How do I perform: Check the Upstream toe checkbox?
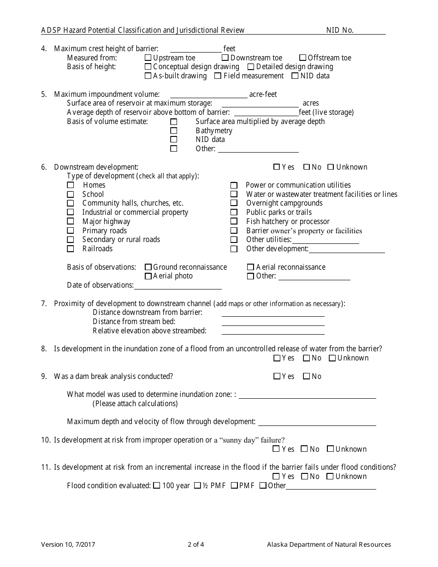pyautogui.click(x=148, y=58)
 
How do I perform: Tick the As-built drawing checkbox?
pyautogui.click(x=148, y=76)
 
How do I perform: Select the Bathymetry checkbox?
pyautogui.click(x=174, y=131)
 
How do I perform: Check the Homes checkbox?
pyautogui.click(x=71, y=185)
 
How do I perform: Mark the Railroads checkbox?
pyautogui.click(x=71, y=249)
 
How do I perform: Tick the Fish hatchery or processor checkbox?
pyautogui.click(x=234, y=222)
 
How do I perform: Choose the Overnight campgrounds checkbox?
pyautogui.click(x=234, y=203)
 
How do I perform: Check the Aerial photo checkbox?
pyautogui.click(x=148, y=276)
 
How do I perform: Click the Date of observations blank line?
pyautogui.click(x=178, y=286)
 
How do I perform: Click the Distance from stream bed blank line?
pyautogui.click(x=273, y=322)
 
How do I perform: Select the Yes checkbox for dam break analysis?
pyautogui.click(x=277, y=376)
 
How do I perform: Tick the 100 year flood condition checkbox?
pyautogui.click(x=157, y=485)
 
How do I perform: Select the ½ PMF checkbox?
pyautogui.click(x=197, y=485)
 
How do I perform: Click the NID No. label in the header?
pyautogui.click(x=340, y=30)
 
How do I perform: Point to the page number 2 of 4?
pyautogui.click(x=196, y=544)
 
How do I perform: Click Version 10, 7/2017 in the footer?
pyautogui.click(x=69, y=544)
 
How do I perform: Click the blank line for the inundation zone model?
pyautogui.click(x=308, y=395)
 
